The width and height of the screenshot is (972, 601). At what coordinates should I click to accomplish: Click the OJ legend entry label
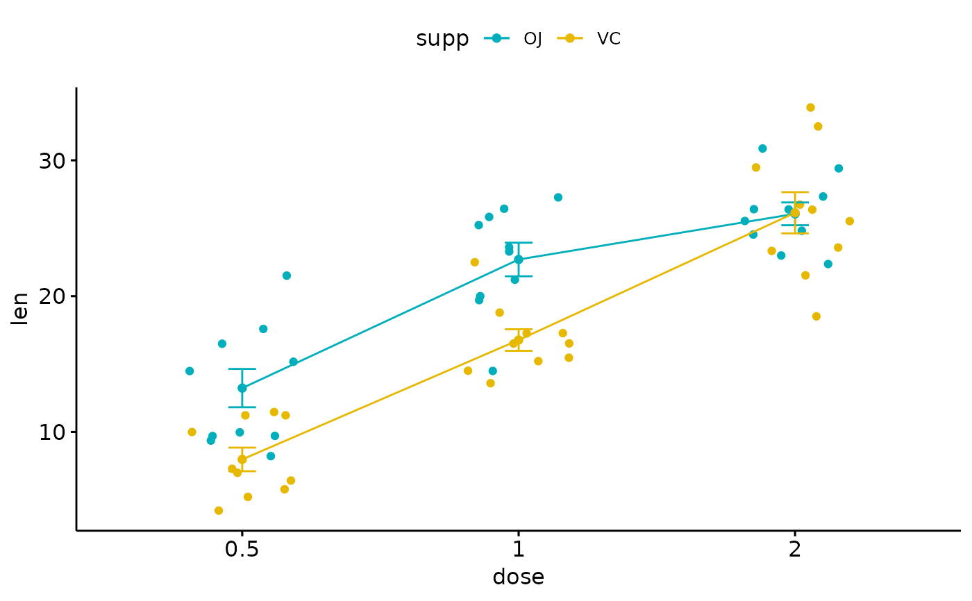(x=533, y=39)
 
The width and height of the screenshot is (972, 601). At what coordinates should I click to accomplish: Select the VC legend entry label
(x=609, y=39)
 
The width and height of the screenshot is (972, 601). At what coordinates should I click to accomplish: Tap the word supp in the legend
(x=442, y=39)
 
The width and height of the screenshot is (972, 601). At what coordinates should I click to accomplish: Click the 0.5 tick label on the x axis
(x=242, y=550)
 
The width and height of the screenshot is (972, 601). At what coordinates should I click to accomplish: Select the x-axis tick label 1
(x=518, y=550)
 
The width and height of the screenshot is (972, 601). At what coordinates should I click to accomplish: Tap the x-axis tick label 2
(x=794, y=550)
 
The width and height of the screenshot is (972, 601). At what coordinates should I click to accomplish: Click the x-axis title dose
(x=518, y=577)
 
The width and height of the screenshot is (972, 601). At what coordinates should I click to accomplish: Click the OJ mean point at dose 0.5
(x=242, y=388)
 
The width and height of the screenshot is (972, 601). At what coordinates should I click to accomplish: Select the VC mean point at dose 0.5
(x=242, y=459)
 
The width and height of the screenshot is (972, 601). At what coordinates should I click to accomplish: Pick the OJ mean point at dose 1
(x=519, y=260)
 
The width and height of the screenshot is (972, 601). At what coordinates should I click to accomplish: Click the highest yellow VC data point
(x=810, y=108)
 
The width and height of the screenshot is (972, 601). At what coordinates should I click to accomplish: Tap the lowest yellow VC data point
(x=219, y=511)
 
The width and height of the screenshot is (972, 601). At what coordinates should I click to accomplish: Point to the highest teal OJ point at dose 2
(x=762, y=149)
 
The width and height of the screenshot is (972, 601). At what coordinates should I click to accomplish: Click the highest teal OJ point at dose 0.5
(x=287, y=276)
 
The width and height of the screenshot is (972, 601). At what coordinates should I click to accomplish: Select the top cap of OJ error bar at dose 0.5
(x=242, y=369)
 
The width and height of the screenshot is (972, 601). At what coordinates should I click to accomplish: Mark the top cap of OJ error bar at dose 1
(x=519, y=243)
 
